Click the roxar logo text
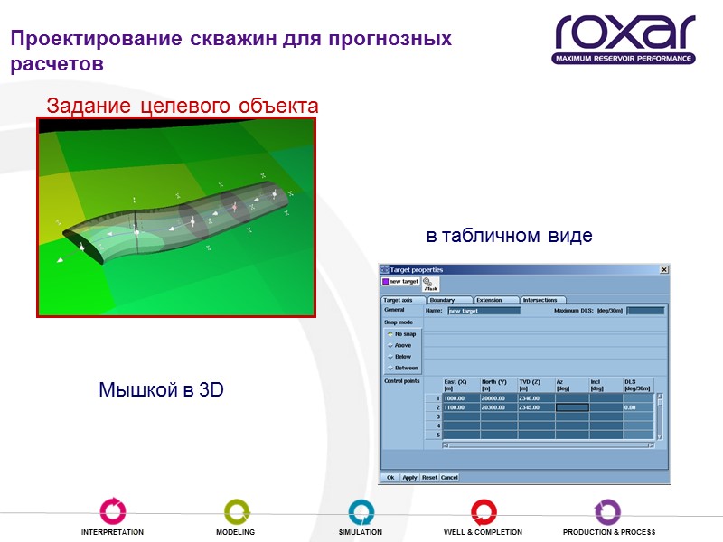click(x=624, y=33)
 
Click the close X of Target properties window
click(x=664, y=269)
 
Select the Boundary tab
click(x=448, y=300)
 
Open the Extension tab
click(x=494, y=300)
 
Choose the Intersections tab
click(x=542, y=300)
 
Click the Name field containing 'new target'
click(x=484, y=311)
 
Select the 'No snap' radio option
click(x=402, y=334)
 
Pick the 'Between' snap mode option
click(x=404, y=368)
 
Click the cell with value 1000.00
click(x=460, y=398)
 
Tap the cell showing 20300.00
click(x=497, y=407)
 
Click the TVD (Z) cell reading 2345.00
click(x=534, y=407)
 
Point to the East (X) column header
click(x=460, y=385)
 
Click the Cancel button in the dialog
click(x=449, y=477)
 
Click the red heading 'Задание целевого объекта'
click(x=182, y=106)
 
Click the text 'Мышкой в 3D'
click(x=161, y=390)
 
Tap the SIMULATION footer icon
click(x=361, y=511)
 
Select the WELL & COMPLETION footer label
click(x=483, y=533)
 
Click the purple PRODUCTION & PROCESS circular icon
click(x=607, y=511)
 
